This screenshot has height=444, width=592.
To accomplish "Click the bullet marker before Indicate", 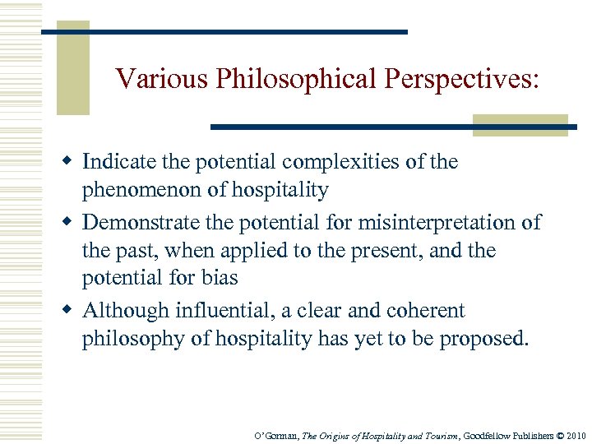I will click(x=71, y=160).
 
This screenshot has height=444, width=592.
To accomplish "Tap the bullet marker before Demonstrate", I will click(x=71, y=220).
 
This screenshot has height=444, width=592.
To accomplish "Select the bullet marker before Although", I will click(x=71, y=309).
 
